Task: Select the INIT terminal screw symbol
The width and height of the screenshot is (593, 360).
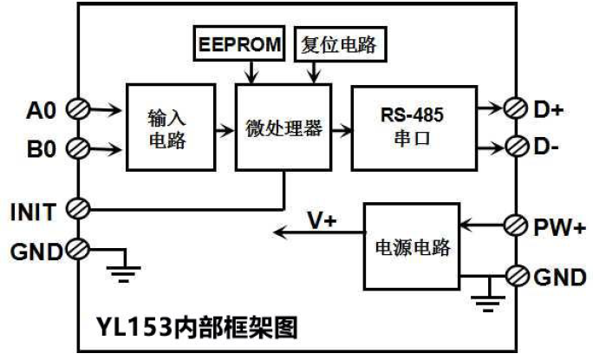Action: pos(75,209)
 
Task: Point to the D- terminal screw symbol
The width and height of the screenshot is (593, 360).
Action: pos(515,144)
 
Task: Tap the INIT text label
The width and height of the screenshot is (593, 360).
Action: pos(33,210)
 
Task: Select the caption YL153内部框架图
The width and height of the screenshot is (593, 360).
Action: pos(197,328)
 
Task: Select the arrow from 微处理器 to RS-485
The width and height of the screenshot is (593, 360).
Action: pos(341,131)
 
